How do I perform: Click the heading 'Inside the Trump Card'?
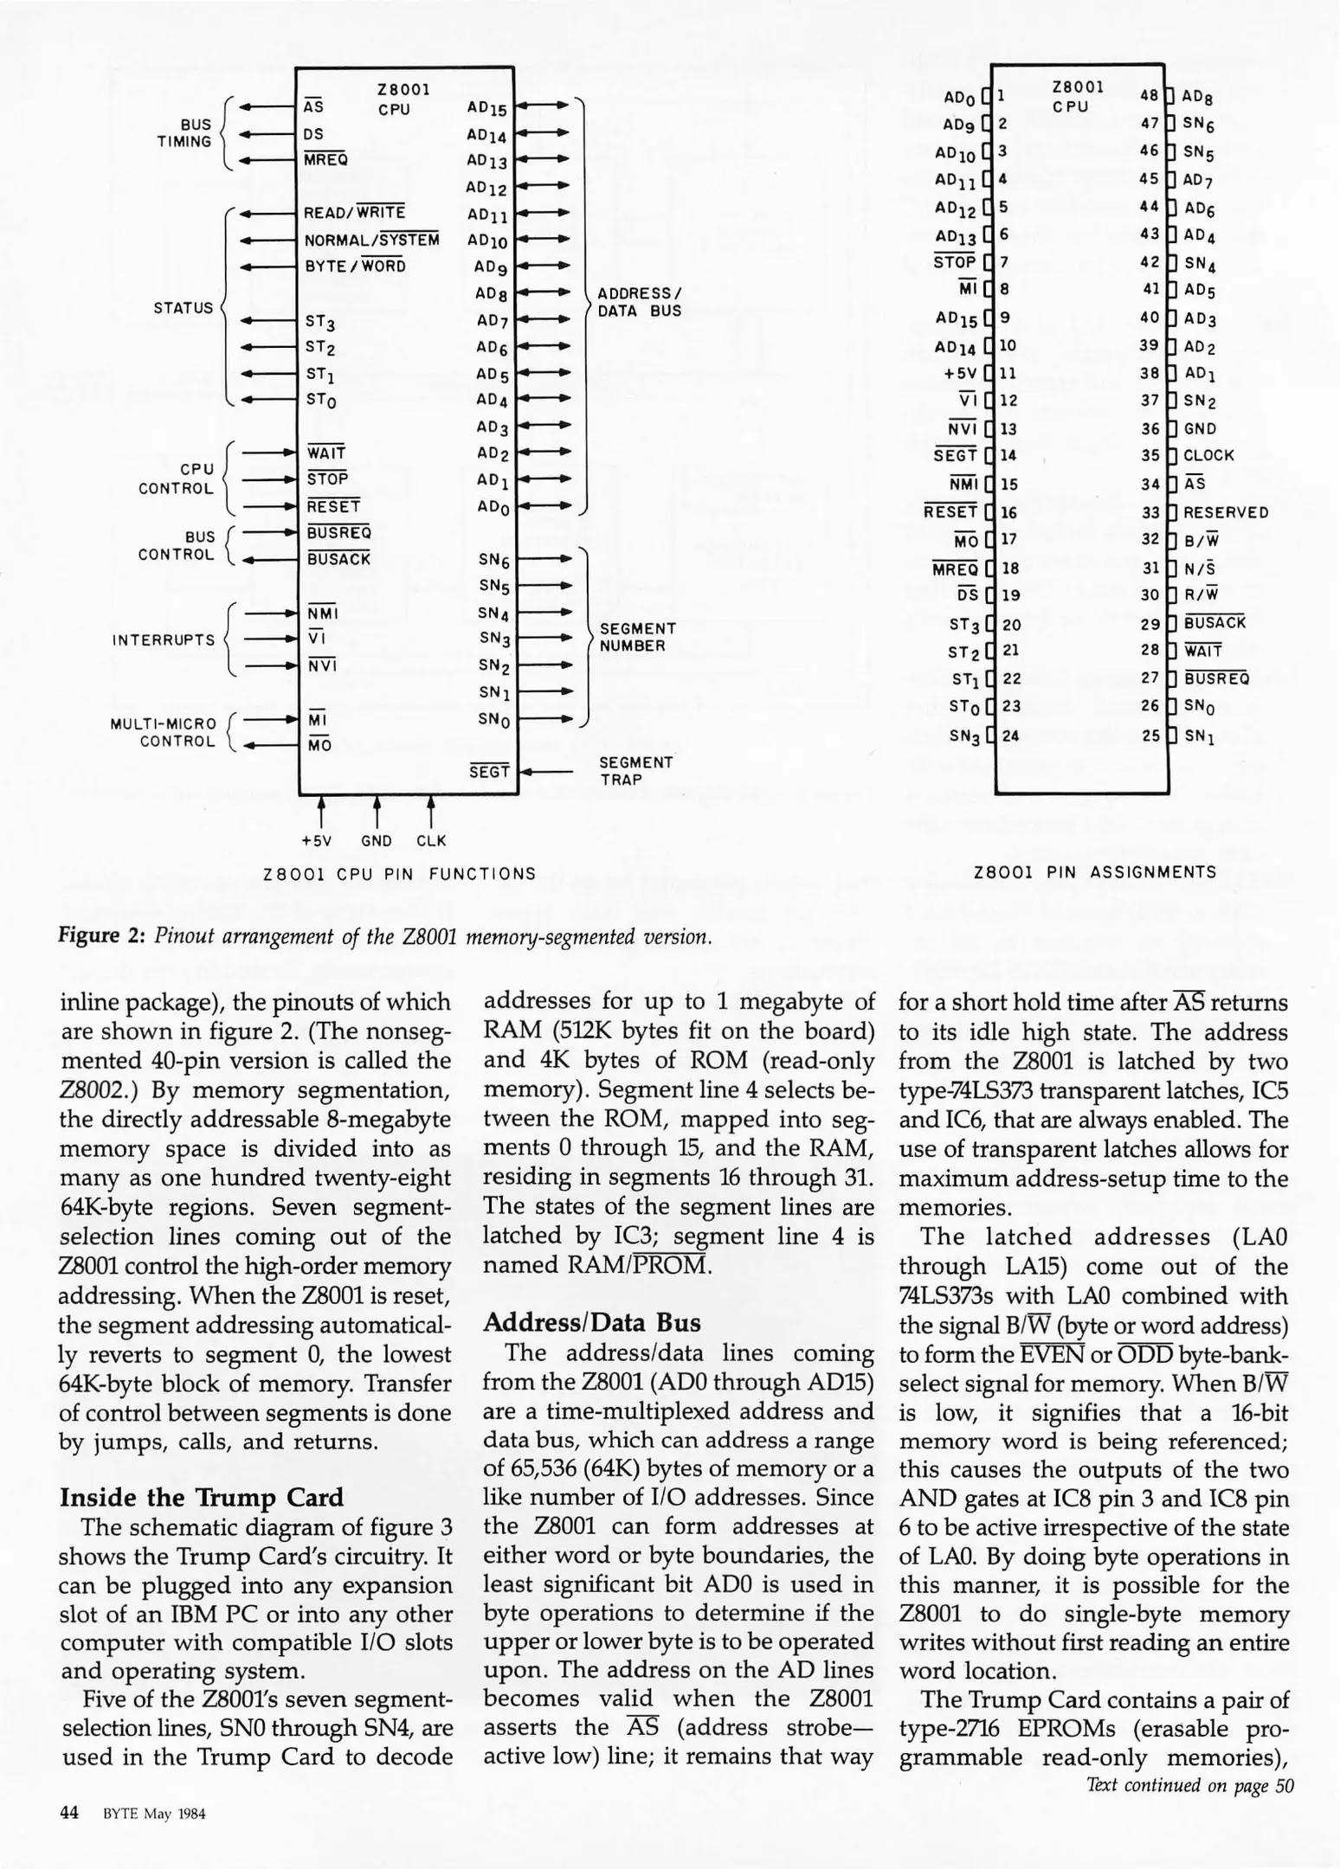tap(201, 1498)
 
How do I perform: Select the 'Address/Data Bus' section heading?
tap(591, 1322)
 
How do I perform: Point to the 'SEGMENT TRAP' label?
tap(635, 771)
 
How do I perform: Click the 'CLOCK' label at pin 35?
tap(1208, 455)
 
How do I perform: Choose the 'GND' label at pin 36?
tap(1200, 428)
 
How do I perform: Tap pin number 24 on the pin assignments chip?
tap(1010, 735)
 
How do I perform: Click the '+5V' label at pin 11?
tap(960, 373)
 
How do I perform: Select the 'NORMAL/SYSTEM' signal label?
tap(371, 240)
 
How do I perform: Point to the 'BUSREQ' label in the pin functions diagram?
tap(338, 532)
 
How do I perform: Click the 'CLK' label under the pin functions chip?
tap(431, 840)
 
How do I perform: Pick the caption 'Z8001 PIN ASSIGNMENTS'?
tap(1095, 872)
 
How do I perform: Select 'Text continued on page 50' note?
tap(1189, 1785)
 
